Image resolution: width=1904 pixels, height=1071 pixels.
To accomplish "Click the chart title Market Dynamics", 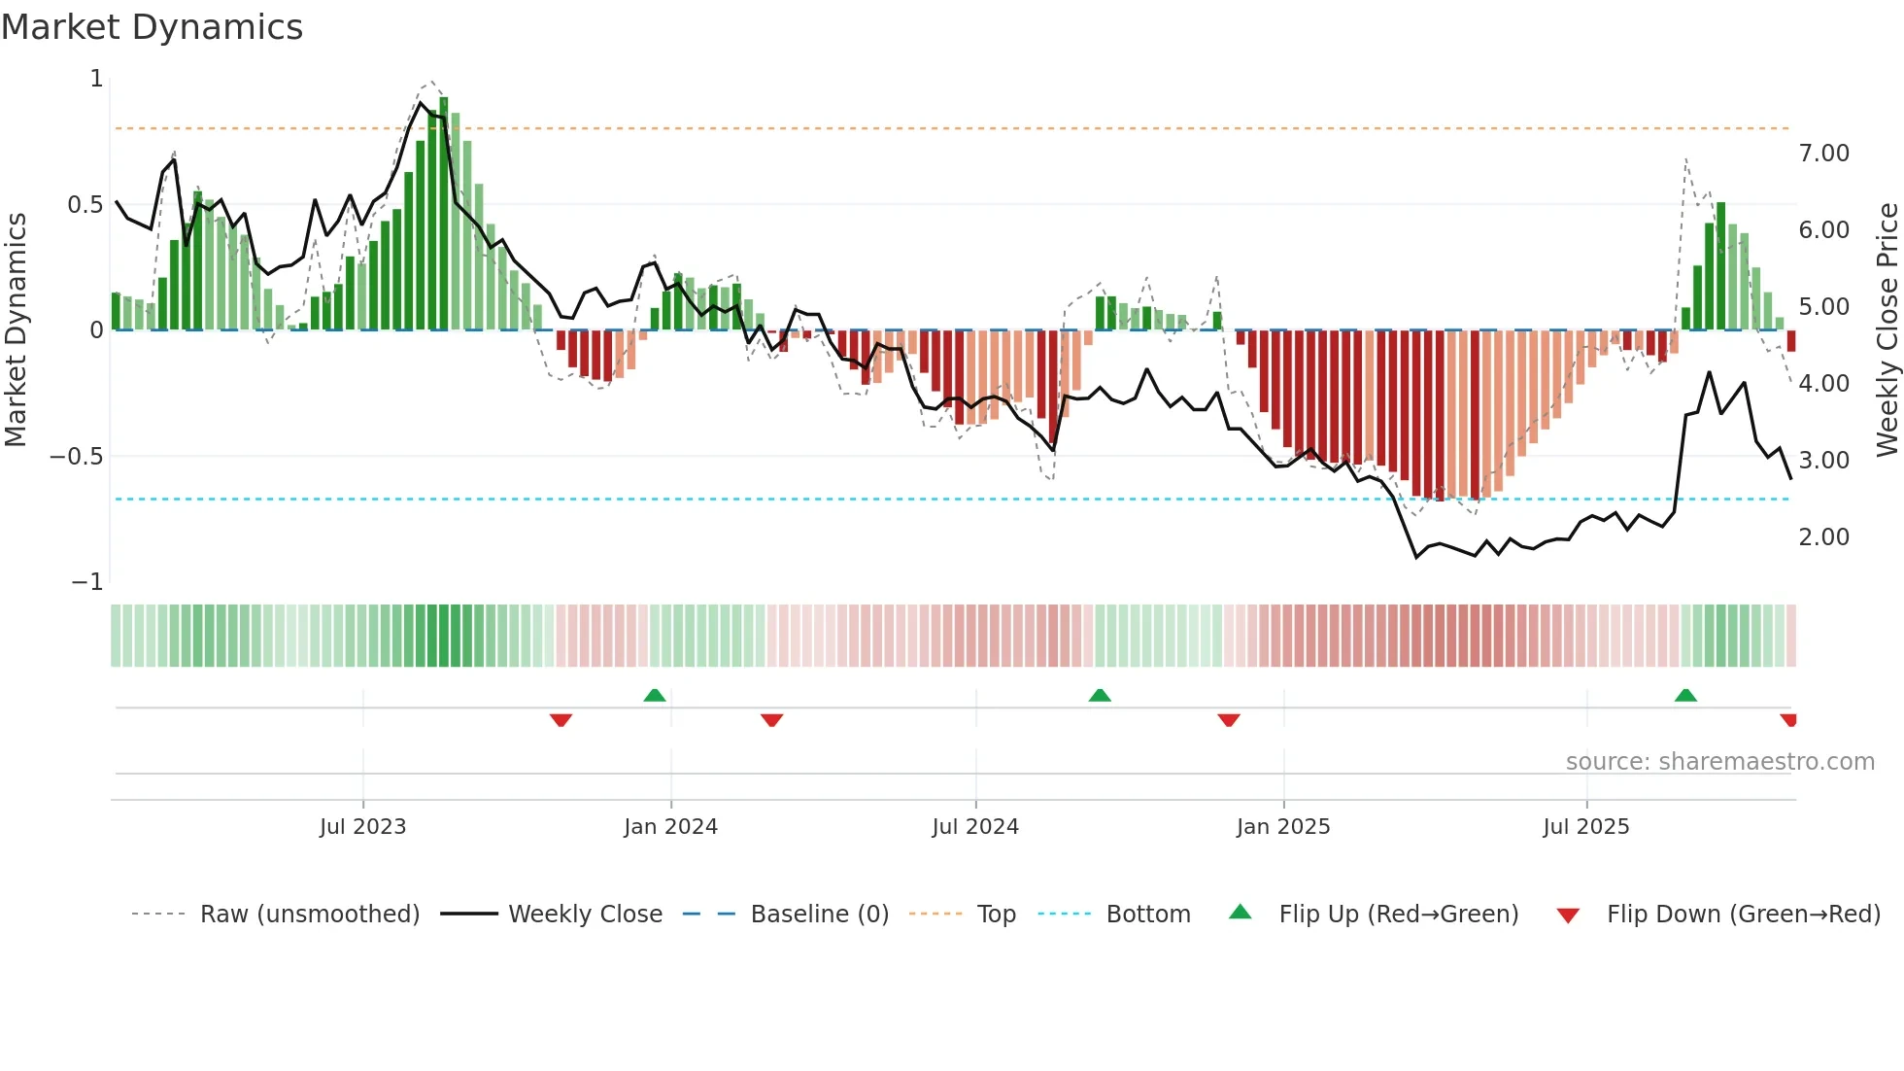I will pyautogui.click(x=152, y=27).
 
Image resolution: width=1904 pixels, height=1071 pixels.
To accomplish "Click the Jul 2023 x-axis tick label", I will pyautogui.click(x=362, y=827).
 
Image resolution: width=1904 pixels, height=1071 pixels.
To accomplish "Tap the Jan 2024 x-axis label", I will pyautogui.click(x=670, y=827).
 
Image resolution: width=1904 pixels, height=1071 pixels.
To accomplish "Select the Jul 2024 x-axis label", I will pyautogui.click(x=975, y=827).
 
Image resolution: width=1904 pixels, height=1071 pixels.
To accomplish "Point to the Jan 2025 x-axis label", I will pyautogui.click(x=1283, y=827).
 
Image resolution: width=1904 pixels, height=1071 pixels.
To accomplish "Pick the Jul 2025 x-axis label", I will pyautogui.click(x=1586, y=827).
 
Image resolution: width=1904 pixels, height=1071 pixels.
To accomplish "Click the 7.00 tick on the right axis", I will pyautogui.click(x=1823, y=154).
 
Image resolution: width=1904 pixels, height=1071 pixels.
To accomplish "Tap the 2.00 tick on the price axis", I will pyautogui.click(x=1823, y=537).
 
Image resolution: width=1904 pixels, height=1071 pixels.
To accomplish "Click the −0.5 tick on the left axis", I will pyautogui.click(x=76, y=457).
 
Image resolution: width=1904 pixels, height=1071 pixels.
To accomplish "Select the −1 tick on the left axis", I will pyautogui.click(x=86, y=582).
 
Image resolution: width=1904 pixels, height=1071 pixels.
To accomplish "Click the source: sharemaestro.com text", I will pyautogui.click(x=1719, y=762).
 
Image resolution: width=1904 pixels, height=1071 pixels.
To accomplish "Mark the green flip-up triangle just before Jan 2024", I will pyautogui.click(x=655, y=696).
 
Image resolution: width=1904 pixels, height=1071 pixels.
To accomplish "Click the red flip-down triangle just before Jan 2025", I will pyautogui.click(x=1228, y=720).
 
